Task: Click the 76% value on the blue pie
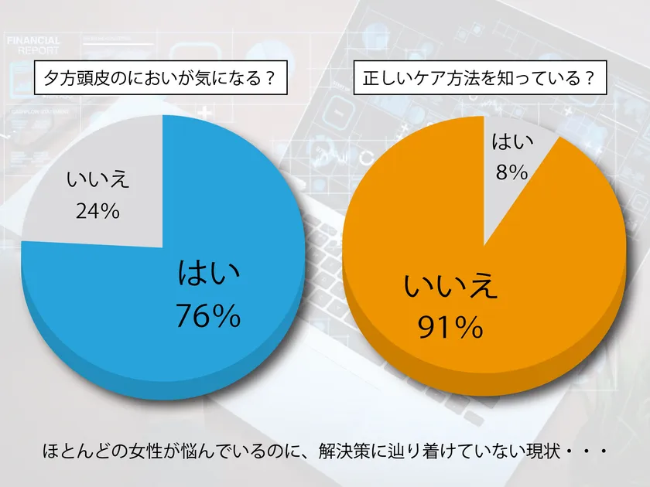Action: coord(208,315)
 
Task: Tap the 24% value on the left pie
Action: coord(97,210)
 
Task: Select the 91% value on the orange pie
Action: coord(450,329)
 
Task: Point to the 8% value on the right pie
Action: coord(512,172)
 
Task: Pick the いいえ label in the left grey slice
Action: coord(97,182)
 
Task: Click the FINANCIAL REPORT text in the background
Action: coord(32,44)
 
